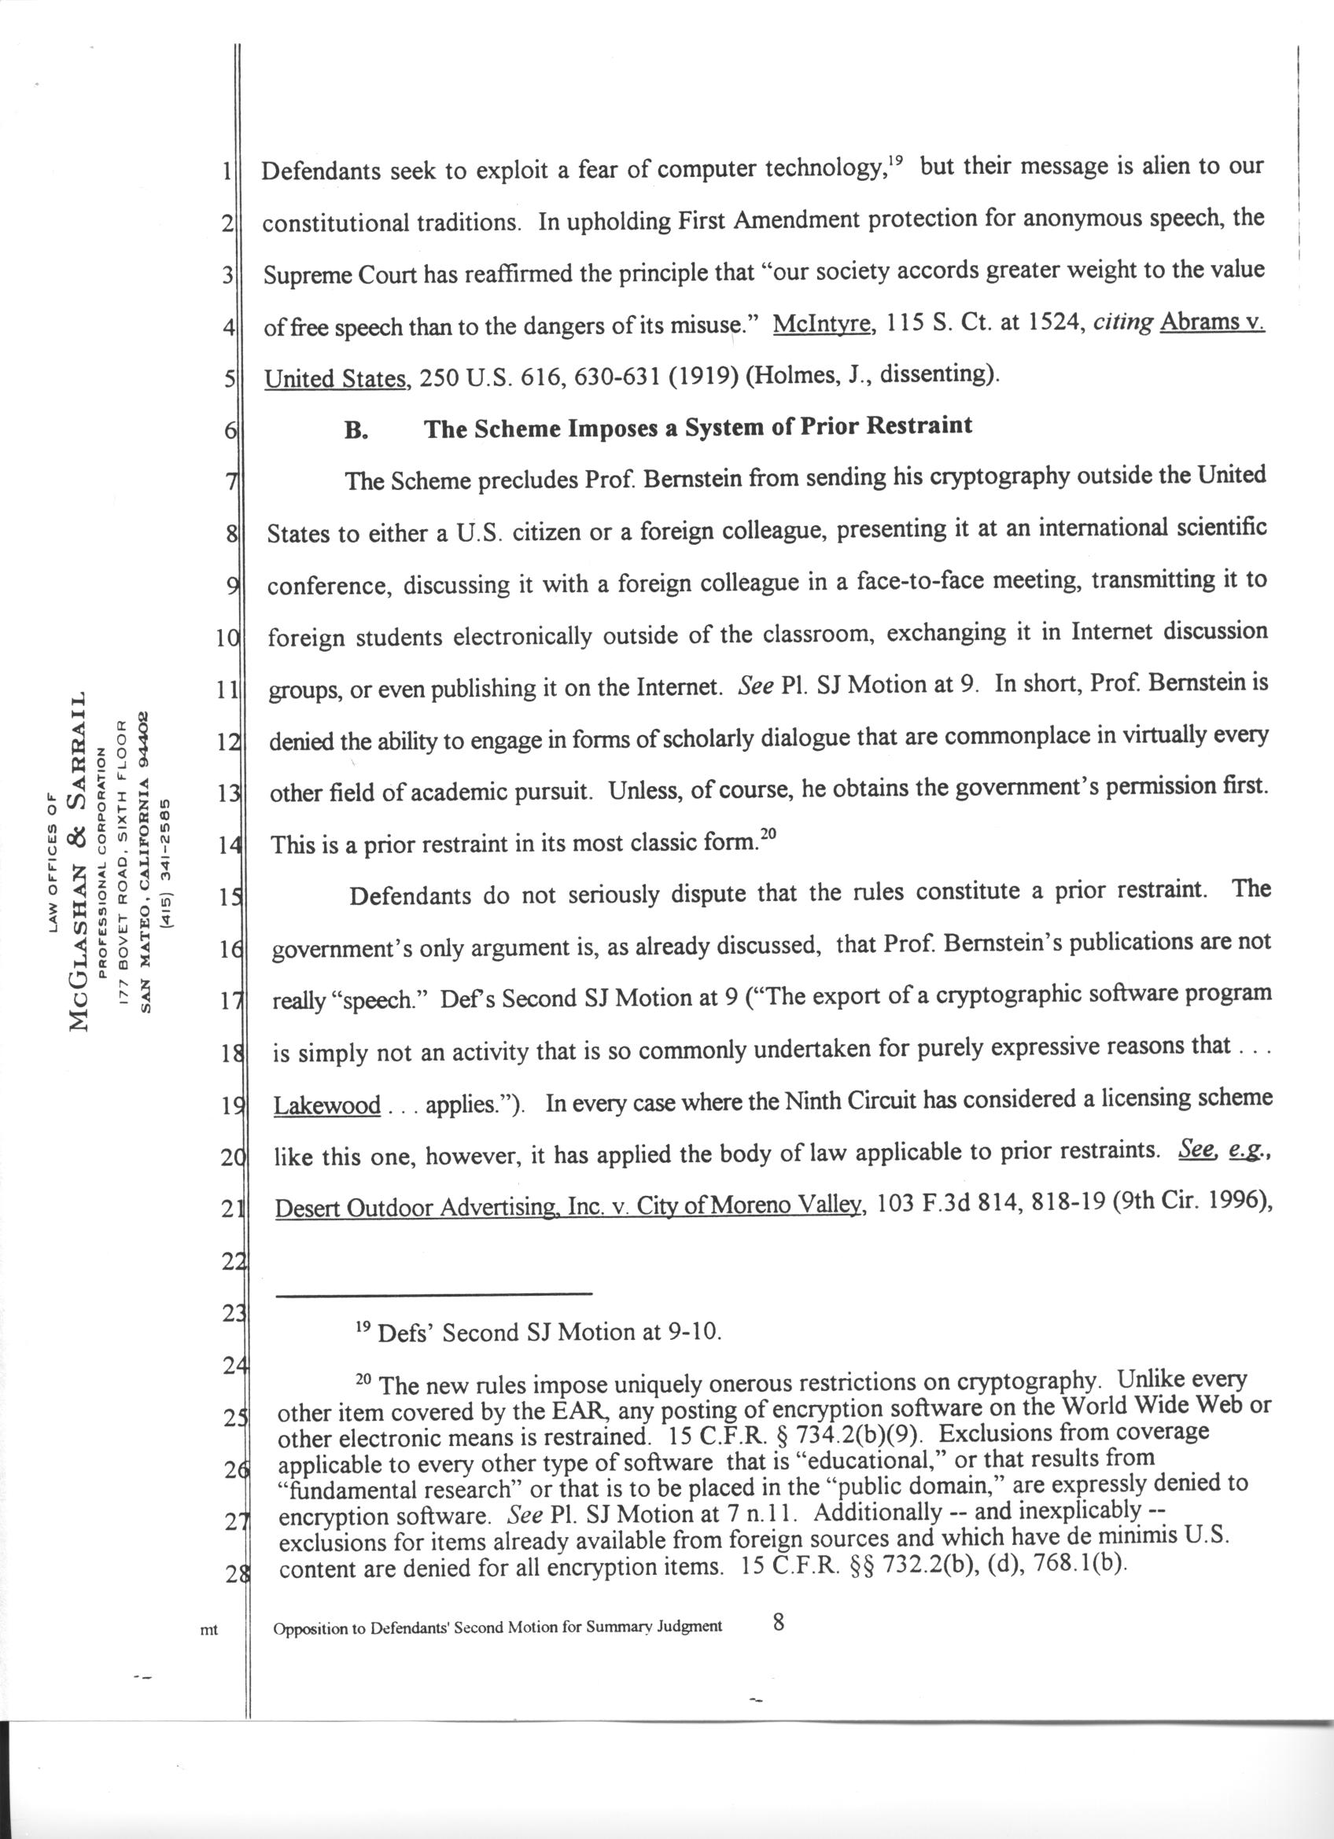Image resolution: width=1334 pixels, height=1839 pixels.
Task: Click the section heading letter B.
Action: [x=356, y=431]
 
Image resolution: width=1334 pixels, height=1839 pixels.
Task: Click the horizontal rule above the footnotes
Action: [x=434, y=1293]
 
